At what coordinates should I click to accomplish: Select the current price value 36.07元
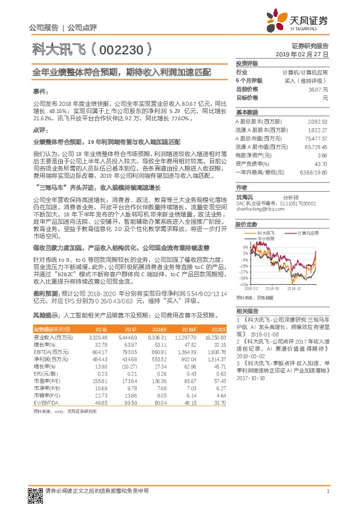(317, 88)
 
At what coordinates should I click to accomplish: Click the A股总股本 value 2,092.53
(317, 122)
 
